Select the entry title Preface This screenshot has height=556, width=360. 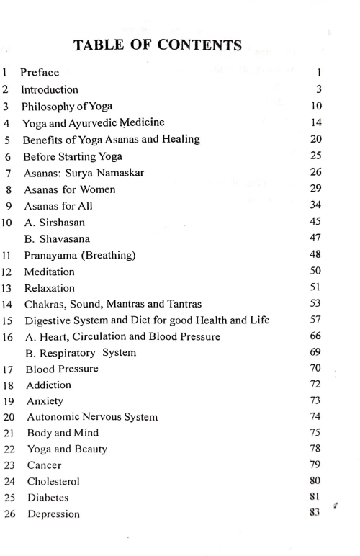coord(40,73)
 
